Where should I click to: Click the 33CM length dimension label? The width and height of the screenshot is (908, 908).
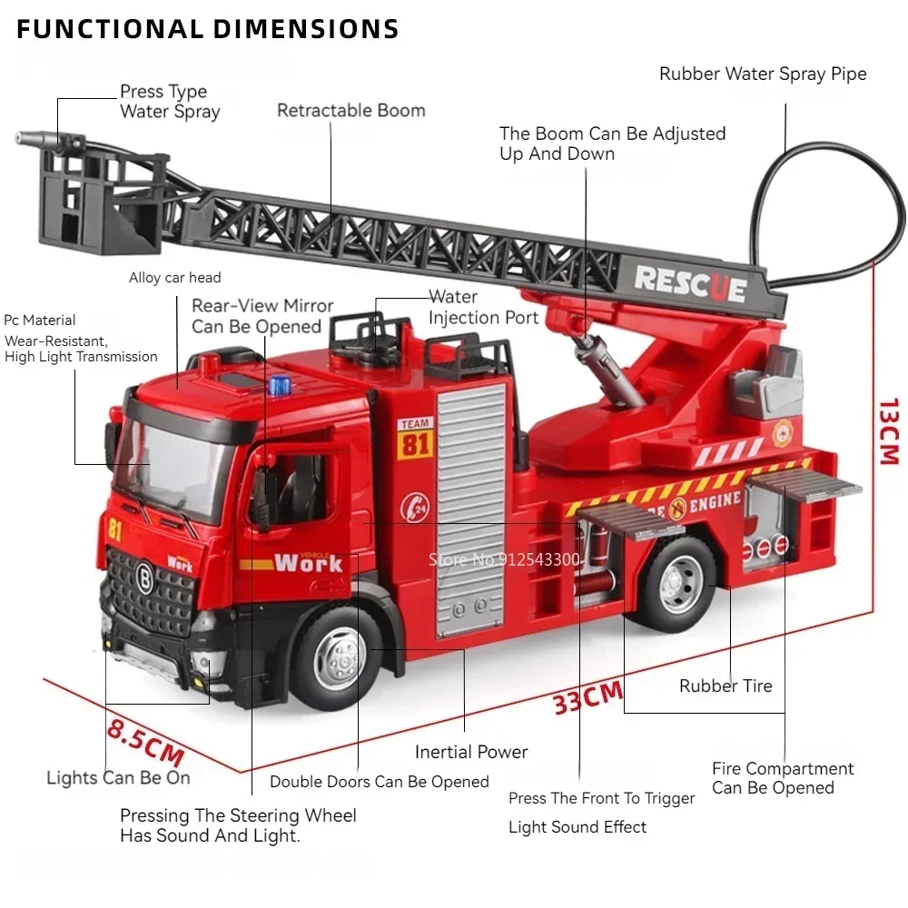pos(588,697)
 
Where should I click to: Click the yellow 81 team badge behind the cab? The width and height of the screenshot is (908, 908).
pos(415,441)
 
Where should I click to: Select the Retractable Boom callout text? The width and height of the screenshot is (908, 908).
pos(350,111)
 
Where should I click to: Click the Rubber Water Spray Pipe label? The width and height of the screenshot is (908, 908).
pos(763,74)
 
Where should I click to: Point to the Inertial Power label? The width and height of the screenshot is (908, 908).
pos(470,752)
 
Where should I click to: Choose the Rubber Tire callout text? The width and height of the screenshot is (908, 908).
pos(725,686)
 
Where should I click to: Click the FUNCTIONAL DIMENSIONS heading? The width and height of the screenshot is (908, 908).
pos(208,29)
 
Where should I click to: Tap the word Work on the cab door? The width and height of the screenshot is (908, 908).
pos(309,562)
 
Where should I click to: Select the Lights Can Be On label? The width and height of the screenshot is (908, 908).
pos(118,778)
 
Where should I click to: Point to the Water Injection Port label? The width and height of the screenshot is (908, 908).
pos(483,308)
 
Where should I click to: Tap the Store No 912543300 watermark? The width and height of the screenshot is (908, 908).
pos(504,559)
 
